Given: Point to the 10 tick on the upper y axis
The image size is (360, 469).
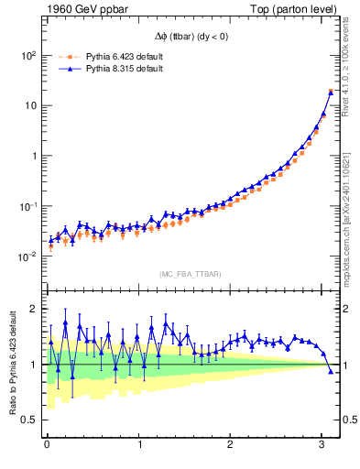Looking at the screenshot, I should pyautogui.click(x=28, y=105).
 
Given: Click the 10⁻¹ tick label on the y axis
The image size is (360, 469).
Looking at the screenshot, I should pyautogui.click(x=26, y=207).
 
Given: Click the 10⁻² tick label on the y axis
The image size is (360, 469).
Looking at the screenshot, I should pyautogui.click(x=26, y=257).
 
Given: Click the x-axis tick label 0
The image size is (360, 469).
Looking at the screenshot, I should pyautogui.click(x=47, y=446).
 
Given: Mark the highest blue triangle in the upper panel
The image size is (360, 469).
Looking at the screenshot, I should pyautogui.click(x=331, y=92).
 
